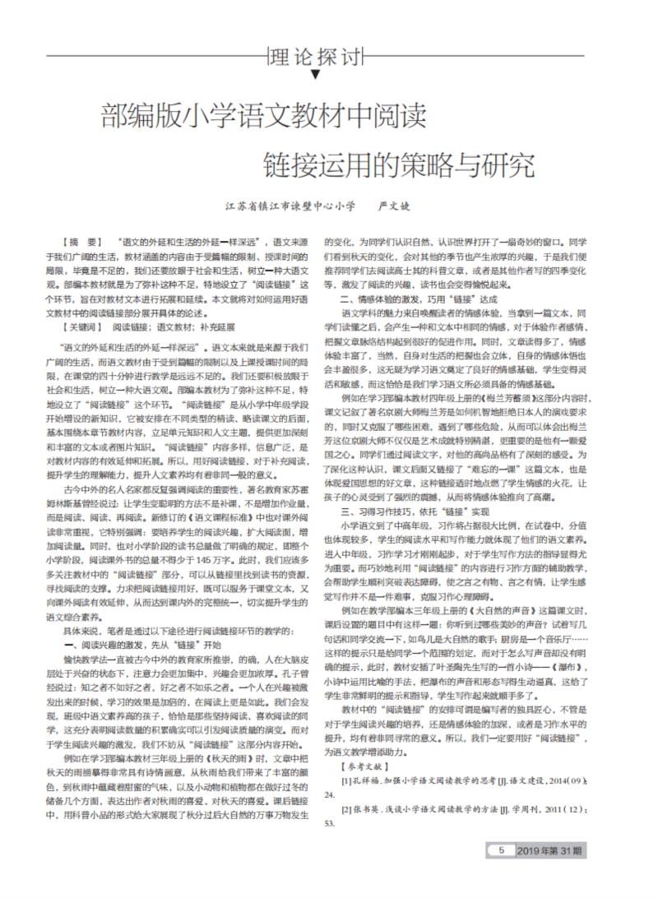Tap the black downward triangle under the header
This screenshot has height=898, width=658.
[x=316, y=75]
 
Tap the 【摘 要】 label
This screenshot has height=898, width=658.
[x=81, y=244]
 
